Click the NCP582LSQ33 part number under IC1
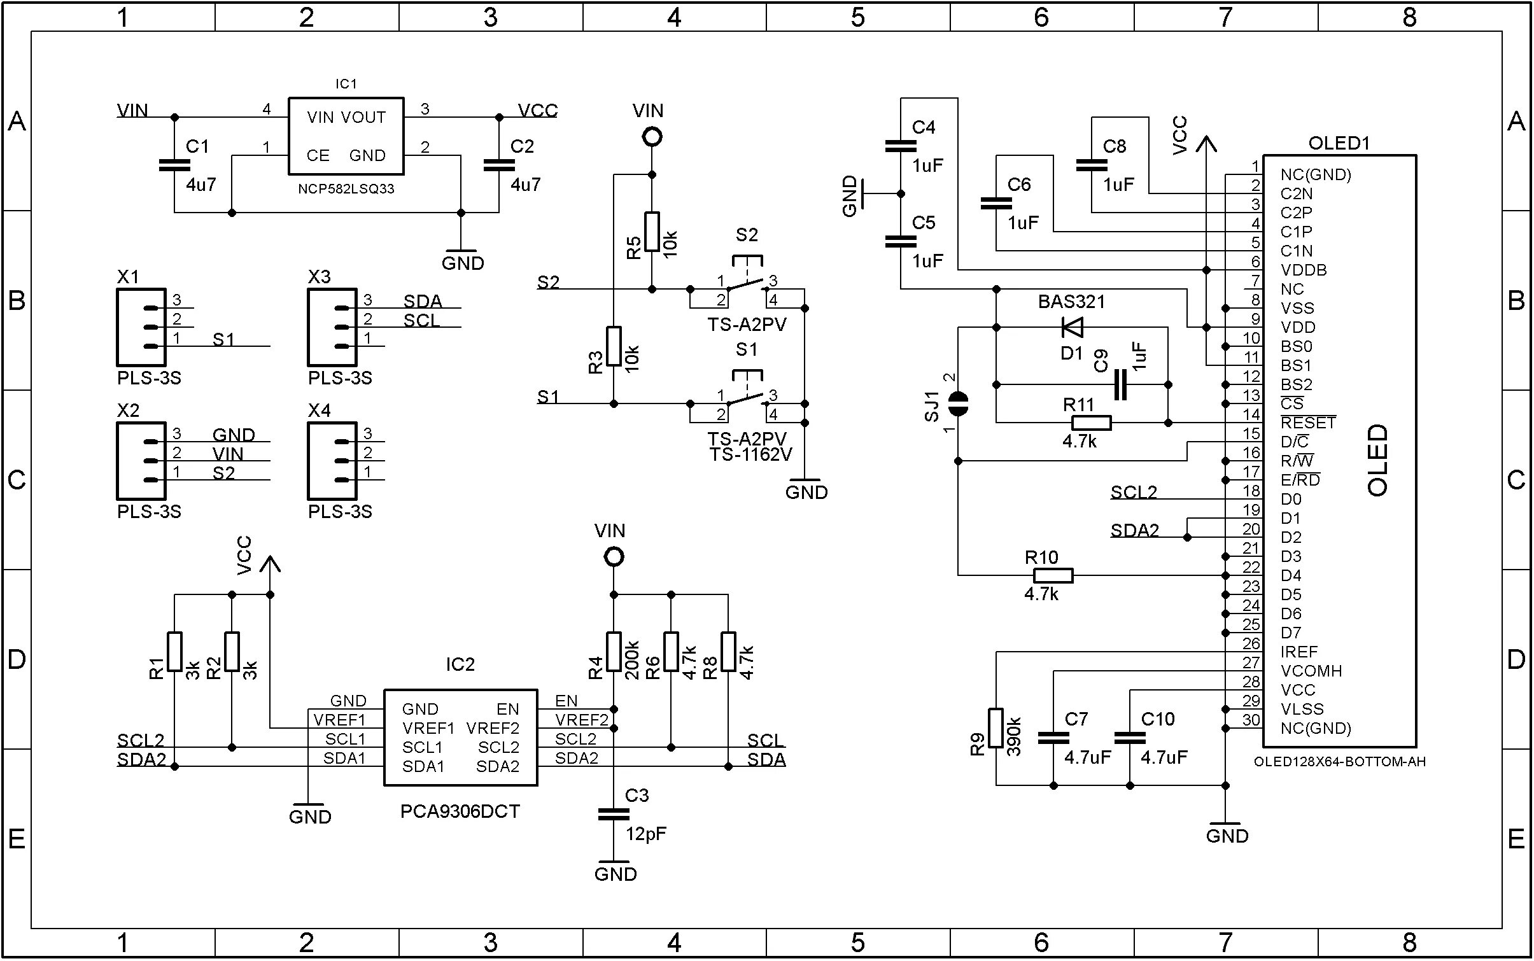(346, 189)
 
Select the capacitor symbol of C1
(174, 165)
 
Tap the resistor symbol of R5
(652, 232)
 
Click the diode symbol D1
(1073, 328)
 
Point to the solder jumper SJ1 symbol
(958, 403)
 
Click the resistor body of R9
(996, 727)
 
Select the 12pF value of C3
(645, 834)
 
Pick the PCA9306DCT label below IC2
(460, 812)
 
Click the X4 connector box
(332, 461)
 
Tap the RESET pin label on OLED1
(1308, 423)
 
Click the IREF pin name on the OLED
(1298, 652)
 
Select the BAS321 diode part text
(1071, 302)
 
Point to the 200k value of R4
(632, 660)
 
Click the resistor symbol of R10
(1053, 576)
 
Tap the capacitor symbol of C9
(1121, 385)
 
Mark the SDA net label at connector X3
(423, 301)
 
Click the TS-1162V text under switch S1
(750, 454)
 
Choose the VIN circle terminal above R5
(652, 137)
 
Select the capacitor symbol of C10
(1130, 738)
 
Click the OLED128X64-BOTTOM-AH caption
(1339, 762)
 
